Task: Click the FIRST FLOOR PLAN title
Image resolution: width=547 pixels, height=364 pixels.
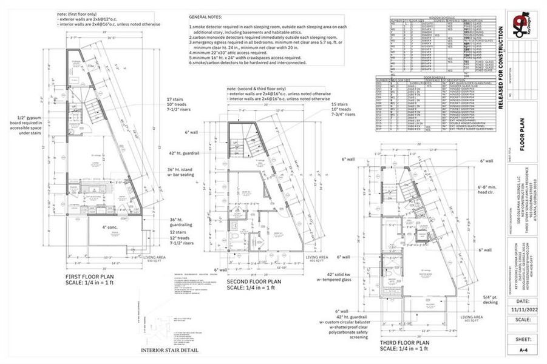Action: coord(93,277)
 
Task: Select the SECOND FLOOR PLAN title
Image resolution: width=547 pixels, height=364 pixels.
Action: coord(254,281)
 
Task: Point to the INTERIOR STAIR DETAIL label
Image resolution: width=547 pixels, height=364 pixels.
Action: coord(170,350)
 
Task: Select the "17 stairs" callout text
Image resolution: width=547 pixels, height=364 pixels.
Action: coord(176,99)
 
